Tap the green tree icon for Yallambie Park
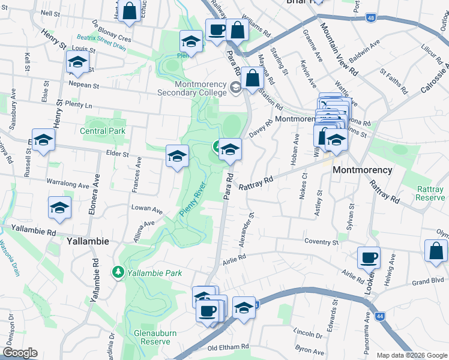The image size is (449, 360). [x=118, y=272]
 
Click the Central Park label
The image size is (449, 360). [x=102, y=131]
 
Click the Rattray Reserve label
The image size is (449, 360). [x=430, y=193]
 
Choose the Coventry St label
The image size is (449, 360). [x=321, y=242]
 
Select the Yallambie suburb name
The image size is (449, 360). [x=87, y=241]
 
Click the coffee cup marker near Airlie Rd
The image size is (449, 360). [x=369, y=257]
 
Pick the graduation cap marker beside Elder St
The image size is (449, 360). [x=177, y=156]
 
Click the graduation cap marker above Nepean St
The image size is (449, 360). [x=77, y=62]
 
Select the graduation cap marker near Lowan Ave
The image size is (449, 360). [x=59, y=208]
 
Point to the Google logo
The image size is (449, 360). [x=21, y=353]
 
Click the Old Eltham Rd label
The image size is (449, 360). [x=228, y=347]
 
